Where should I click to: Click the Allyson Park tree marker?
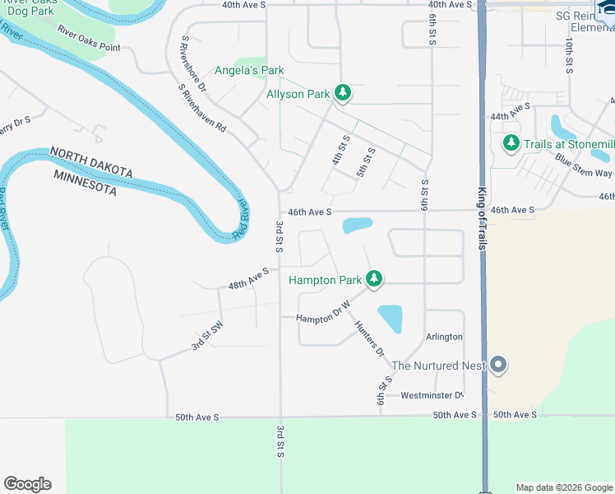click(x=343, y=94)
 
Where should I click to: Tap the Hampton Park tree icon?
click(x=374, y=280)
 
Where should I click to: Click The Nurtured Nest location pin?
click(x=497, y=366)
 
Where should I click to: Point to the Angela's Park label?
click(x=249, y=70)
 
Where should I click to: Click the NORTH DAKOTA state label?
click(x=91, y=162)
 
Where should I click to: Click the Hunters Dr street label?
click(x=369, y=338)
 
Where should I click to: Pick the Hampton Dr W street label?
click(x=323, y=311)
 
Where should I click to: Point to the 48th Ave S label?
click(x=249, y=279)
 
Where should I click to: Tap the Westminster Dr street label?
click(x=432, y=395)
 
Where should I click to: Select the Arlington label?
click(x=444, y=337)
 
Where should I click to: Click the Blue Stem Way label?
click(x=583, y=165)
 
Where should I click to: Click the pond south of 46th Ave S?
click(x=357, y=225)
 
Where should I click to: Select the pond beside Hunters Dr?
click(x=391, y=318)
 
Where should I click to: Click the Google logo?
click(x=27, y=484)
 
